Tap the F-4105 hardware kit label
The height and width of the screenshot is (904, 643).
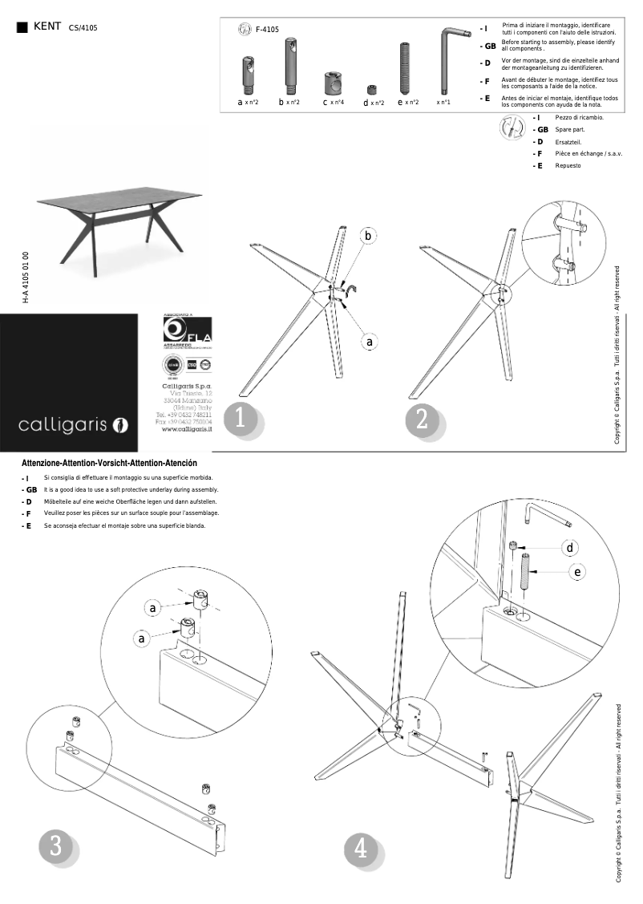pyautogui.click(x=267, y=30)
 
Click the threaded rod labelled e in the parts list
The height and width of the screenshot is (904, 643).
pyautogui.click(x=406, y=69)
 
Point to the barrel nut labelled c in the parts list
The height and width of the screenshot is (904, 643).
pyautogui.click(x=333, y=83)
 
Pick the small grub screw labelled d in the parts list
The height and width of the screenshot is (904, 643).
pyautogui.click(x=372, y=90)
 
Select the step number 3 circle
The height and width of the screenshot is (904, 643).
pyautogui.click(x=55, y=847)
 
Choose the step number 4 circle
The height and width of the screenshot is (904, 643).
pyautogui.click(x=361, y=849)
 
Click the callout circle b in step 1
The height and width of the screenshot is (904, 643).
pyautogui.click(x=368, y=236)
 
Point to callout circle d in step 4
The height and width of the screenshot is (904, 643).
pyautogui.click(x=570, y=547)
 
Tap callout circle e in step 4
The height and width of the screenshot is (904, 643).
pyautogui.click(x=578, y=572)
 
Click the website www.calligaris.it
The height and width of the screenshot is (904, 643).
pyautogui.click(x=187, y=429)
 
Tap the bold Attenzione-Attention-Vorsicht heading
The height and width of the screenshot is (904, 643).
pyautogui.click(x=109, y=464)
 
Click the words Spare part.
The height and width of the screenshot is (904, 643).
pyautogui.click(x=569, y=129)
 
